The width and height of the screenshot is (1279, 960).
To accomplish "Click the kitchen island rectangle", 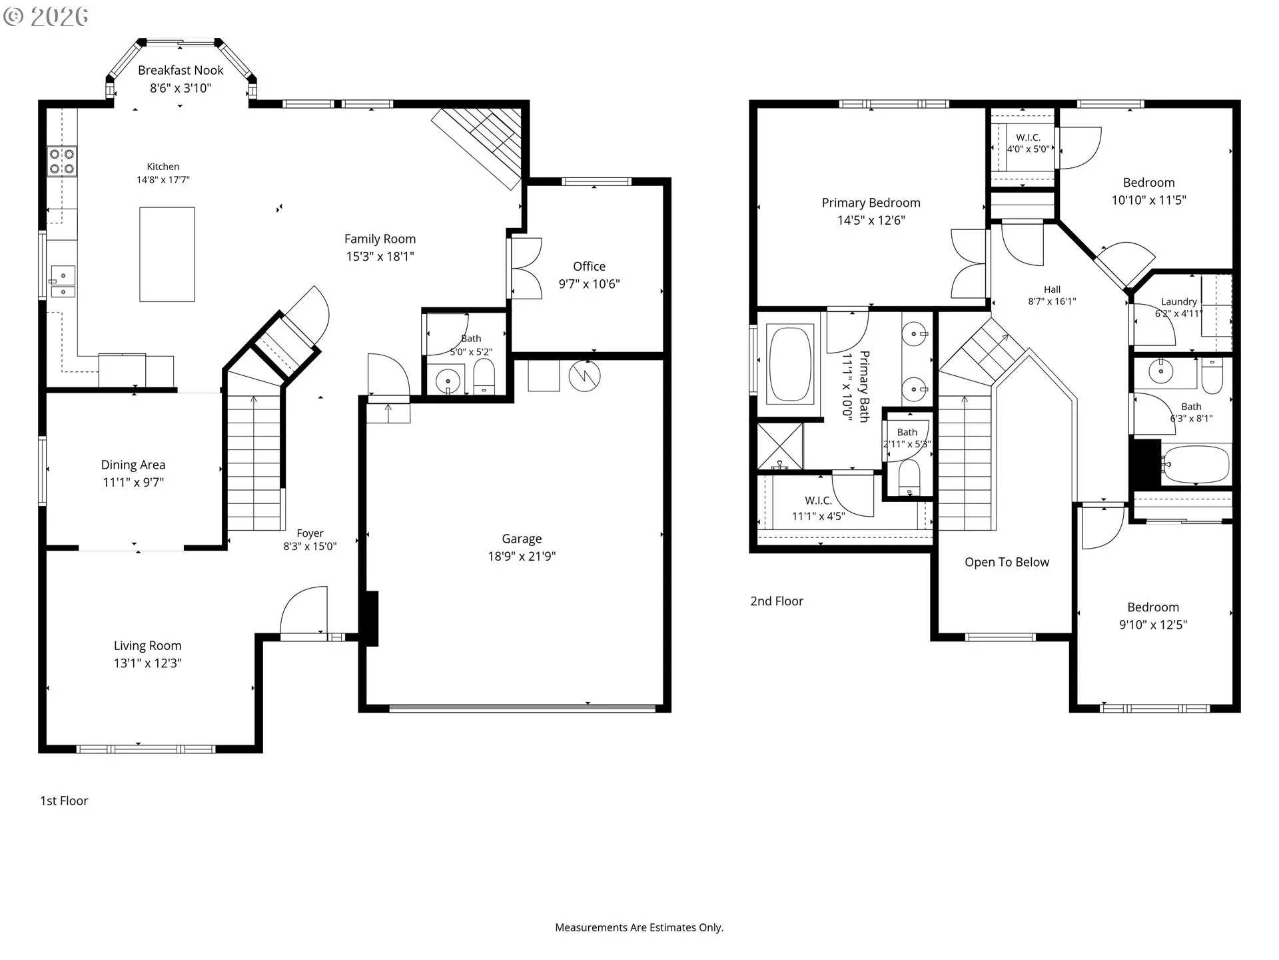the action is pyautogui.click(x=167, y=254).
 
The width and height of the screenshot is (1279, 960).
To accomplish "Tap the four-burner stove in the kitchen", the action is pyautogui.click(x=61, y=161).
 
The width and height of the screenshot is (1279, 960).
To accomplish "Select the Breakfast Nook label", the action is pyautogui.click(x=181, y=70).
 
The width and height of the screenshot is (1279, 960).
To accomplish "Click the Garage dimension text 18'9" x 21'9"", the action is pyautogui.click(x=522, y=556).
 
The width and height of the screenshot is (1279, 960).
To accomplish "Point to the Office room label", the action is pyautogui.click(x=589, y=266).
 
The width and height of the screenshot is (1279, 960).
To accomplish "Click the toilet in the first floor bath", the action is pyautogui.click(x=484, y=377).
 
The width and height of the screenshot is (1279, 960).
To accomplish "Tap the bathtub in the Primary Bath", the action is pyautogui.click(x=790, y=363).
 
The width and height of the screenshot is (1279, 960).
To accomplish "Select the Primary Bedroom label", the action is pyautogui.click(x=871, y=203).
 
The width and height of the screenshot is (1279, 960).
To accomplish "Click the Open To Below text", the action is pyautogui.click(x=1007, y=562).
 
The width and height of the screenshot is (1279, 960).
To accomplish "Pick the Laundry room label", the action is pyautogui.click(x=1178, y=301).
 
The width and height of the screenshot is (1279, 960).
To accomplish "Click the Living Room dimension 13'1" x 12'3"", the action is pyautogui.click(x=147, y=663).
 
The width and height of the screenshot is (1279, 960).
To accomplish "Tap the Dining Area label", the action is pyautogui.click(x=133, y=465).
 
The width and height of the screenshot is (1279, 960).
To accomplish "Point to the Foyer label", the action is pyautogui.click(x=310, y=533).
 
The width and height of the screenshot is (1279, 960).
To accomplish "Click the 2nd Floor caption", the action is pyautogui.click(x=777, y=601).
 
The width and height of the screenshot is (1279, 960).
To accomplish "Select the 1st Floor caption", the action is pyautogui.click(x=64, y=801).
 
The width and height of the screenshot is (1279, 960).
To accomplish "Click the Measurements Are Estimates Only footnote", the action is pyautogui.click(x=639, y=927).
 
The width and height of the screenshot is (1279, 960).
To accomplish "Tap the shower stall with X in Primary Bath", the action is pyautogui.click(x=780, y=445).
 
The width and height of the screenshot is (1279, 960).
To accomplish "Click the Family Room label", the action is pyautogui.click(x=380, y=239).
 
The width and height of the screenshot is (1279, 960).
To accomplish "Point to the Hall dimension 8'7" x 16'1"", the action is pyautogui.click(x=1052, y=301).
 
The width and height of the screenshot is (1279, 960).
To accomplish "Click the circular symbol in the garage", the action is pyautogui.click(x=584, y=376).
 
